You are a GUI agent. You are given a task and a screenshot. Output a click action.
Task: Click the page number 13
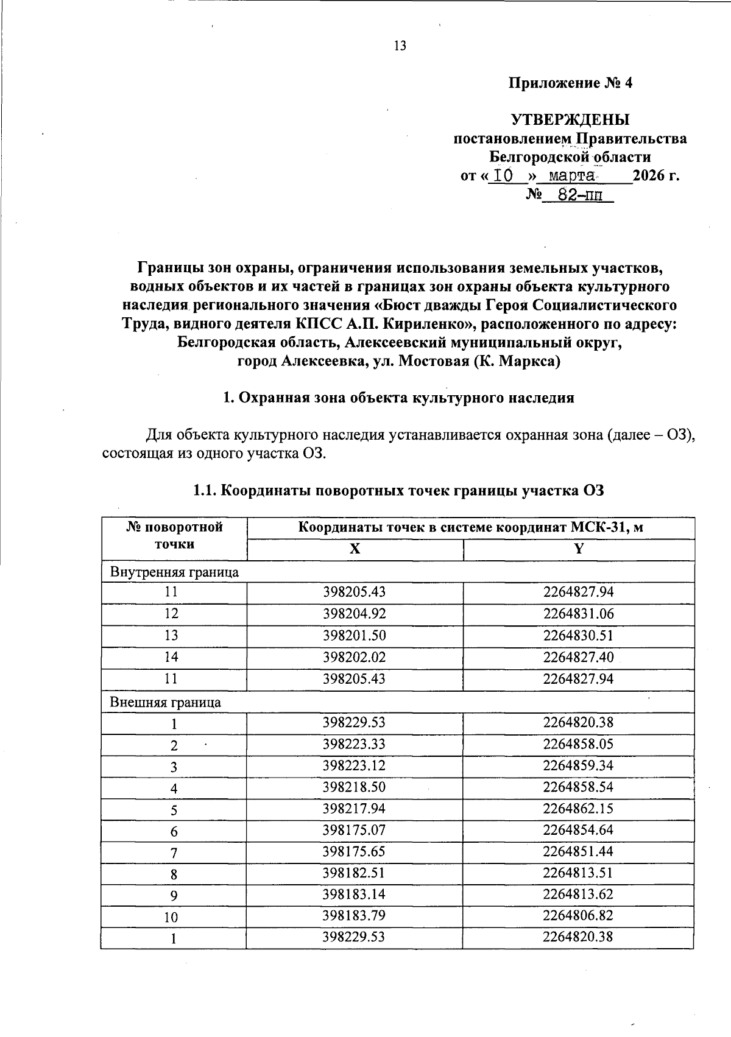tap(400, 46)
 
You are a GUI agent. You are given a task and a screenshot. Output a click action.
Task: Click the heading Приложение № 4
tap(570, 83)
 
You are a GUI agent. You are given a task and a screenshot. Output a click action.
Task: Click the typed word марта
tap(571, 176)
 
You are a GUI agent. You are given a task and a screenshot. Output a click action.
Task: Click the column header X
tap(355, 549)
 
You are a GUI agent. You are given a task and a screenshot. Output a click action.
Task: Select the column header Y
tap(579, 549)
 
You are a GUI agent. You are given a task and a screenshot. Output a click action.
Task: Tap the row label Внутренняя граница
tap(174, 572)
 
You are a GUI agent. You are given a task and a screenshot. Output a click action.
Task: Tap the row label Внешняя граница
tap(165, 702)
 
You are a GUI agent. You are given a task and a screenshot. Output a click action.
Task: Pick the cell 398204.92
tap(354, 614)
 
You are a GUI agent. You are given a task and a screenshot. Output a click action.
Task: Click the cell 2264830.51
tap(578, 636)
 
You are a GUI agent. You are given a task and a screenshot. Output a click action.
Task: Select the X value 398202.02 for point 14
tap(354, 657)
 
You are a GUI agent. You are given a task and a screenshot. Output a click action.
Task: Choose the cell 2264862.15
tap(578, 809)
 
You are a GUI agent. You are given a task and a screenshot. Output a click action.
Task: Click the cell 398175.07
tap(354, 830)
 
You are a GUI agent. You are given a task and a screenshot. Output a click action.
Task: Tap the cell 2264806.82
tap(578, 916)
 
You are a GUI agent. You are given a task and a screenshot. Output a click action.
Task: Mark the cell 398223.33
tap(354, 744)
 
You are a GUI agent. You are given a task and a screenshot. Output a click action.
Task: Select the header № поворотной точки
tap(174, 536)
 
